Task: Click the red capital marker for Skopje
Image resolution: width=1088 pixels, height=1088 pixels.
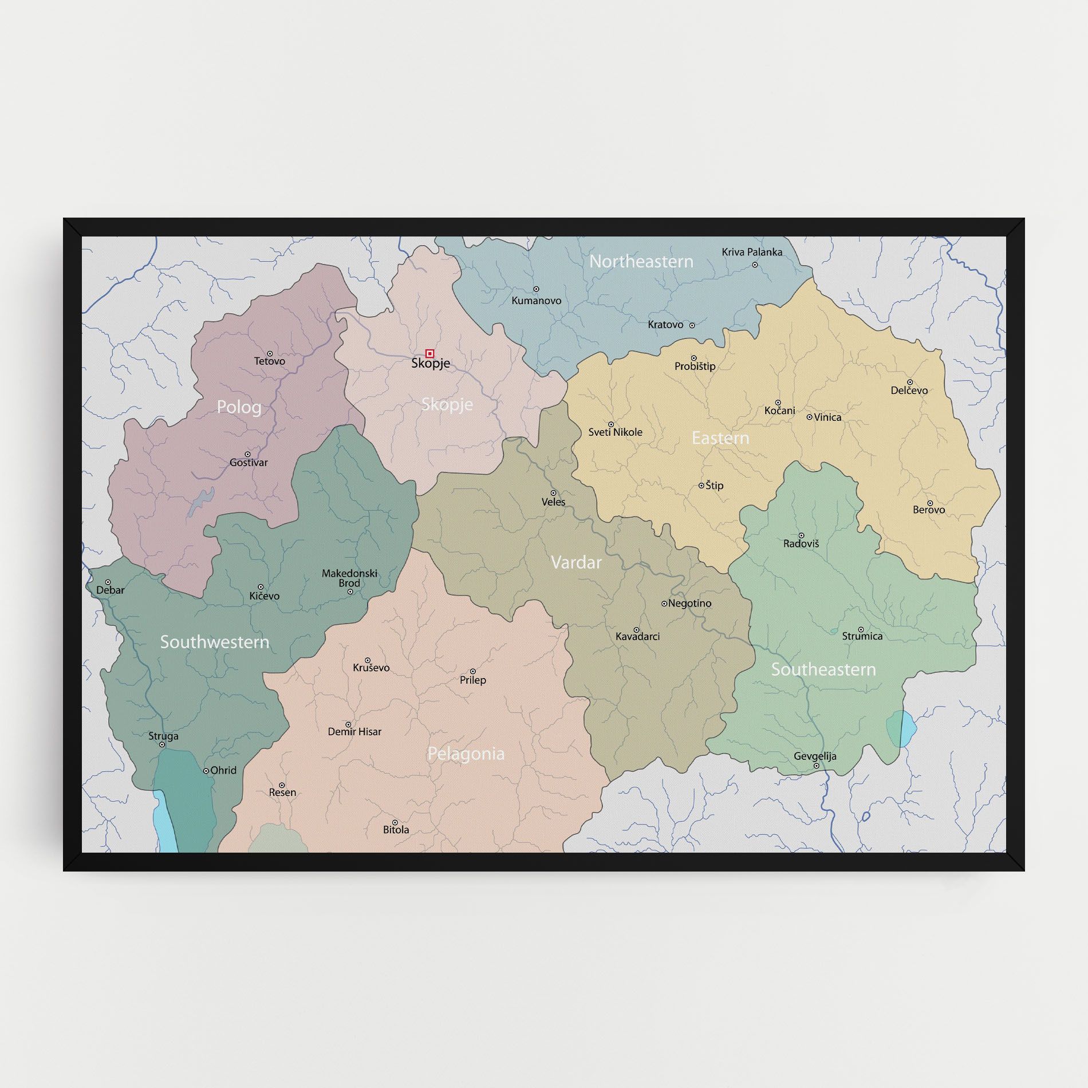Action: coord(429,353)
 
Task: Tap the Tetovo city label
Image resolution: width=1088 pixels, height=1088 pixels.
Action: coord(270,361)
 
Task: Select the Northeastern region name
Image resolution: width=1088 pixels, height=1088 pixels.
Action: coord(641,262)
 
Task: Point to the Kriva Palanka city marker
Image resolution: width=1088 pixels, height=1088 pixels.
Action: coord(755,265)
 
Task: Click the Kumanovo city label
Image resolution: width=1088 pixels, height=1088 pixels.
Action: coord(537,301)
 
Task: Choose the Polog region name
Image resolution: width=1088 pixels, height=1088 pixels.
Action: coord(239,407)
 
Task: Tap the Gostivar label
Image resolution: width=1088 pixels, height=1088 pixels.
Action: coord(249,463)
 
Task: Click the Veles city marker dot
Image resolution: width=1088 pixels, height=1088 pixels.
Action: coord(553,493)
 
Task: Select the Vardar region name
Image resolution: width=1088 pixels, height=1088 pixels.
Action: coord(576,562)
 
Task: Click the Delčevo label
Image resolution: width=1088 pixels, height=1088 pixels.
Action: coord(909,391)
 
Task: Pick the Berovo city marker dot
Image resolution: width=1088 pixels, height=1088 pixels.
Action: coord(929,503)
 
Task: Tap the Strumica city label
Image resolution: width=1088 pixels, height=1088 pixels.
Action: coord(862,636)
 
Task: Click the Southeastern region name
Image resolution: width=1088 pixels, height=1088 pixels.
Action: coord(823,669)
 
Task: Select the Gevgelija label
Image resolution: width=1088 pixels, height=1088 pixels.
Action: coord(815,756)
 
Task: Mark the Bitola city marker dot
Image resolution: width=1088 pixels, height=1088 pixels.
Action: coord(395,822)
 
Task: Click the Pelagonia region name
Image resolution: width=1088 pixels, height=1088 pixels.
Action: coord(466,754)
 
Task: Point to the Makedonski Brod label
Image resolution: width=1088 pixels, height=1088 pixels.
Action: coord(349,578)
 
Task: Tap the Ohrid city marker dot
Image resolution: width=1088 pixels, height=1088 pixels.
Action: coord(206,771)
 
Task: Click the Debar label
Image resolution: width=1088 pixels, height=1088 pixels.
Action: coord(111,590)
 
